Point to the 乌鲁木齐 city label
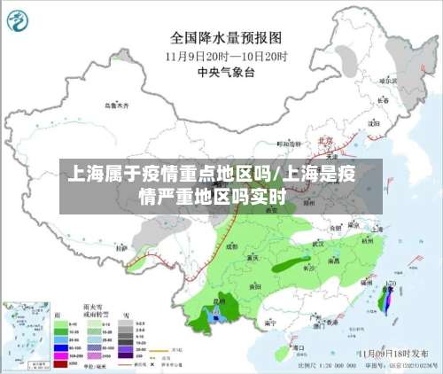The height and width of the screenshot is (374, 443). point(116,105)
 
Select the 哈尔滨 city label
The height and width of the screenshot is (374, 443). point(387,81)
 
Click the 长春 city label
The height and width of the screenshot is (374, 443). point(383,100)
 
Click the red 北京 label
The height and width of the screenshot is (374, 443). point(325,140)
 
